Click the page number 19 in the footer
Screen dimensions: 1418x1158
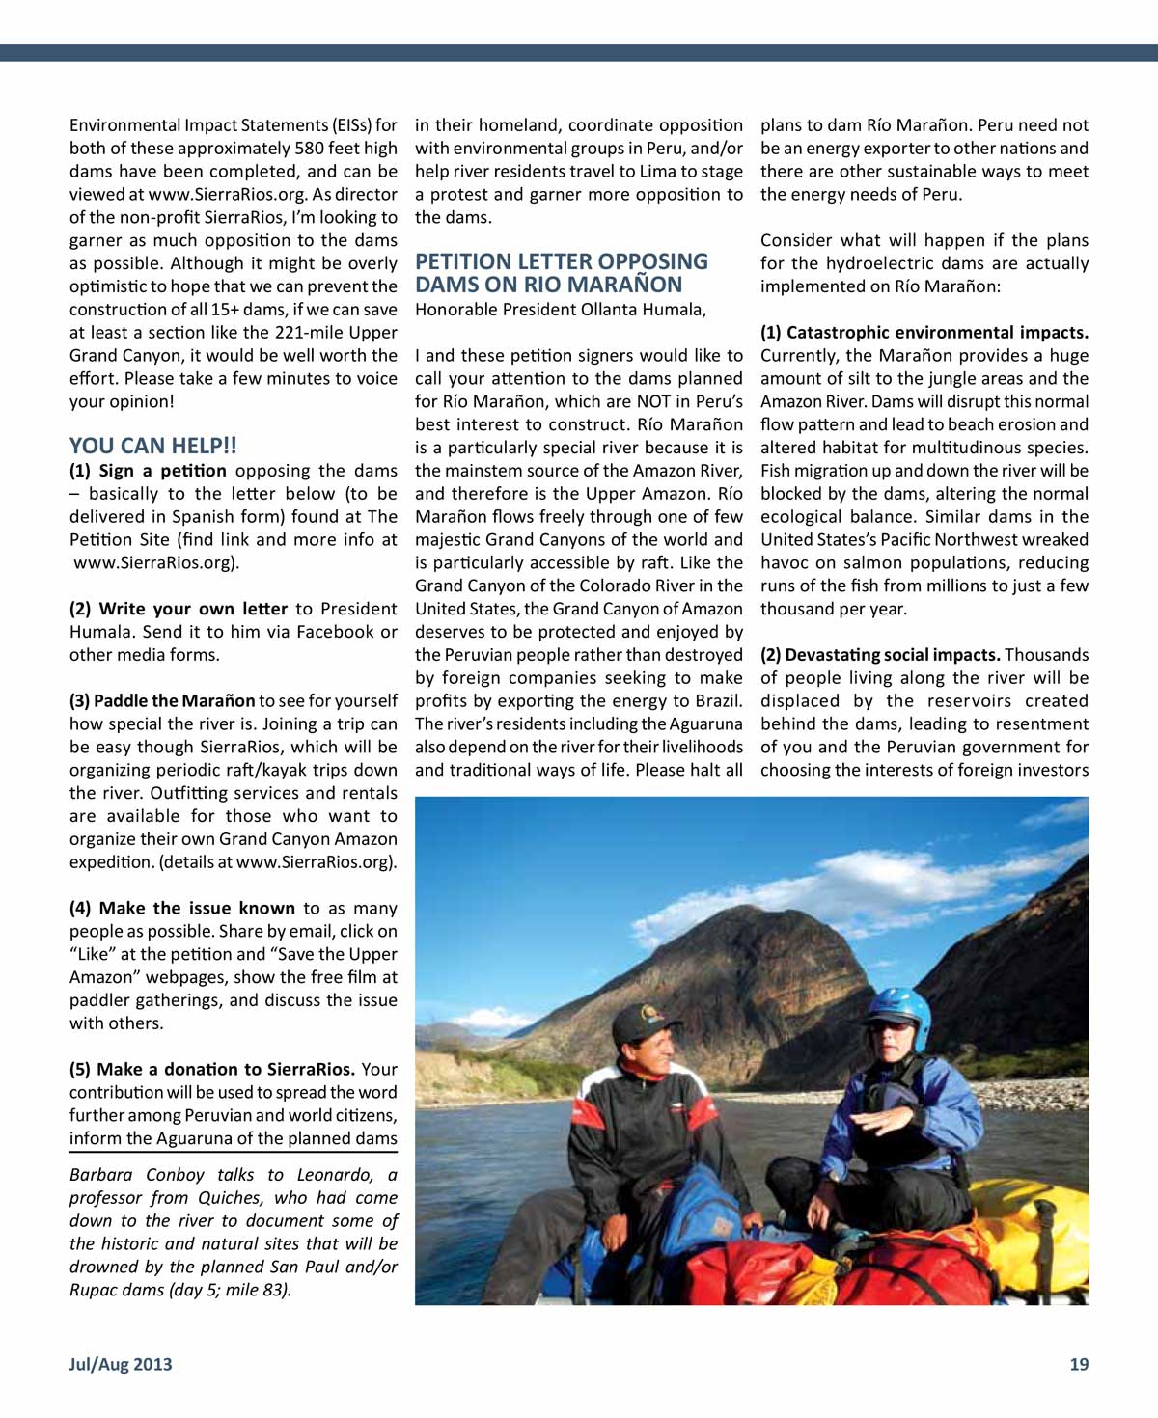pos(1078,1364)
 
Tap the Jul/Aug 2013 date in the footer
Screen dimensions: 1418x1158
pos(121,1364)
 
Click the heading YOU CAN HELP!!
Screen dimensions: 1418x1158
pos(152,446)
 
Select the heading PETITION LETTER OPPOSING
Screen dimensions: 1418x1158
pos(561,261)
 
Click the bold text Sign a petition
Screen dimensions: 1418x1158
pos(162,471)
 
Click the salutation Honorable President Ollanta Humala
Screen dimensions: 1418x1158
pos(560,310)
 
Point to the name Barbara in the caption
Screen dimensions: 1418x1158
pos(100,1175)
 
